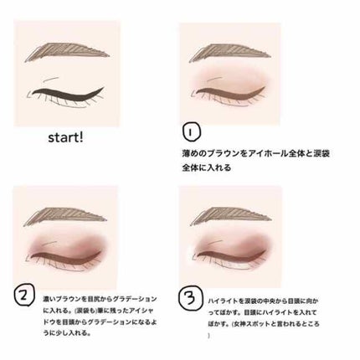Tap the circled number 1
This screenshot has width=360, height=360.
point(191,131)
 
